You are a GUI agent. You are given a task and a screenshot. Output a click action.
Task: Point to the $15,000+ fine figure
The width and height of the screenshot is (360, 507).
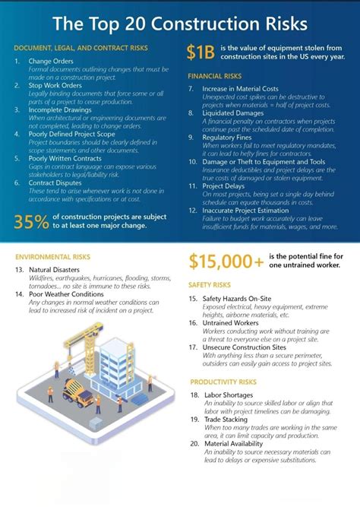[226, 261]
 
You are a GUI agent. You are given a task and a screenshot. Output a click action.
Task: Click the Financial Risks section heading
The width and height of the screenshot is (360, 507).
[214, 77]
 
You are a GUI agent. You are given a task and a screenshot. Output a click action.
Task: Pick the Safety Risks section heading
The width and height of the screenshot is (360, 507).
[209, 284]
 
